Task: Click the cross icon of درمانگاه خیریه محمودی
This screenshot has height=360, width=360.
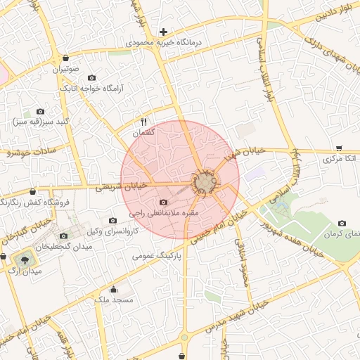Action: (x=163, y=32)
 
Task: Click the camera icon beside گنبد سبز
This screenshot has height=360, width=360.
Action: (x=40, y=111)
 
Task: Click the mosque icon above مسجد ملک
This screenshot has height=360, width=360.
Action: (x=113, y=288)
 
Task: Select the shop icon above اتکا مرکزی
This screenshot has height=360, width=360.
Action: (x=339, y=148)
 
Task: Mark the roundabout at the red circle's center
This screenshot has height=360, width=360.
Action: (x=205, y=182)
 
